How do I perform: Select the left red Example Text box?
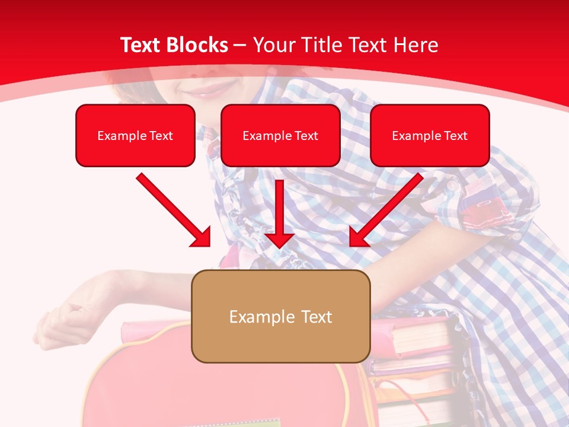click(x=135, y=135)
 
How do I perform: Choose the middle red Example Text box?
click(x=280, y=135)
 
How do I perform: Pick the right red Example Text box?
click(x=430, y=135)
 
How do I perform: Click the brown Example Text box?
click(x=280, y=316)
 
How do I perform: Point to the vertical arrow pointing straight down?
click(x=280, y=213)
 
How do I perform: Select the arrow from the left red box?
click(x=173, y=209)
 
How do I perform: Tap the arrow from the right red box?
click(x=386, y=209)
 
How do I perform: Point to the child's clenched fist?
click(x=65, y=320)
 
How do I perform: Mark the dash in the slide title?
click(x=240, y=45)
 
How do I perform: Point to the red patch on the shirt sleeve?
click(x=483, y=208)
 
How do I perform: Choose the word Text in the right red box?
click(x=456, y=135)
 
